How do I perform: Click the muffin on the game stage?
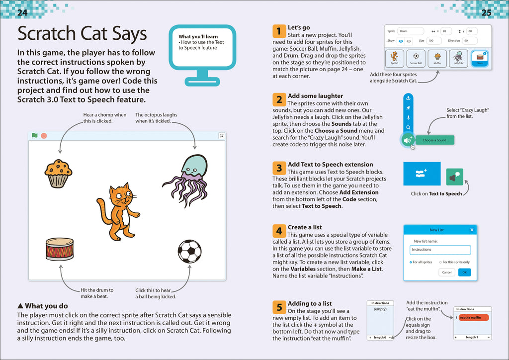pos(58,173)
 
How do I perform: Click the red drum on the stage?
pos(60,249)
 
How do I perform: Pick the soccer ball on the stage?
pos(189,252)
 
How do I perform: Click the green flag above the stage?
pos(35,135)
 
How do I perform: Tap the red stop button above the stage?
pos(44,135)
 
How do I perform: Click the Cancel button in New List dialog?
pos(447,272)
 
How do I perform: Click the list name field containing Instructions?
pos(440,250)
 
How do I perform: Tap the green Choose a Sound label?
pos(434,140)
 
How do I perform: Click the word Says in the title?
pos(126,34)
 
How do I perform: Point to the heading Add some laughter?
pos(315,96)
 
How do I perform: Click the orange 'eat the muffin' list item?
pos(473,318)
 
